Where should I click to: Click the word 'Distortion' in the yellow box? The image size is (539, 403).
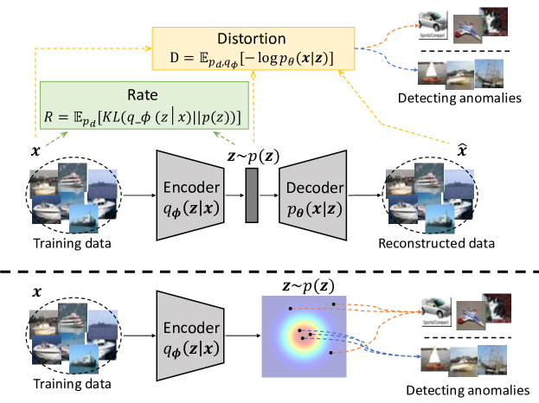250,40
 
